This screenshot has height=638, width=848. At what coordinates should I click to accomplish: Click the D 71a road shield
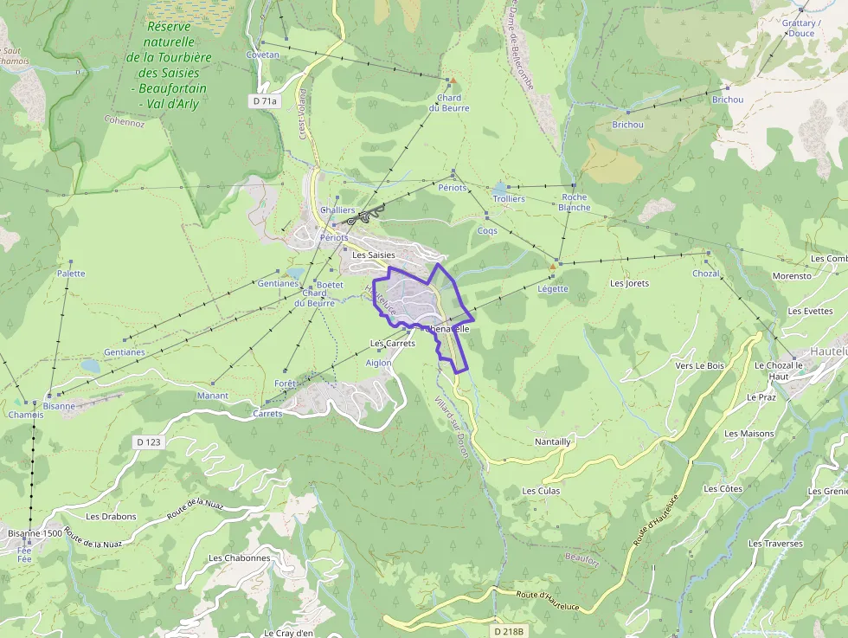[x=266, y=101]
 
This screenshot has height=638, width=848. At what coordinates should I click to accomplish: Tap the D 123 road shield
[x=149, y=441]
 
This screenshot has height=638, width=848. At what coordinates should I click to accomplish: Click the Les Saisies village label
[x=373, y=255]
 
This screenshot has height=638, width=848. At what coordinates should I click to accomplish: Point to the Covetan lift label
[x=263, y=55]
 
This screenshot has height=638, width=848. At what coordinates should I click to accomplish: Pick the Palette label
[x=71, y=274]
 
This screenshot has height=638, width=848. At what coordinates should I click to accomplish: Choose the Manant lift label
[x=212, y=396]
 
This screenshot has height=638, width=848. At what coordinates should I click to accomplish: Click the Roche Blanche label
[x=575, y=202]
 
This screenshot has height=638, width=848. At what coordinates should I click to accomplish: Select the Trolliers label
[x=509, y=199]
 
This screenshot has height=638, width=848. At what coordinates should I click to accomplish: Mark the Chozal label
[x=706, y=274]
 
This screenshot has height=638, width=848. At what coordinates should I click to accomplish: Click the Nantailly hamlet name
[x=553, y=441]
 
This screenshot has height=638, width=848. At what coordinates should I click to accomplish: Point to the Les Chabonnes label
[x=240, y=557]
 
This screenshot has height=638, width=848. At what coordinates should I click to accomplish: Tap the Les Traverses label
[x=775, y=544]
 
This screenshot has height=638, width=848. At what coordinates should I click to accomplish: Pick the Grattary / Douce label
[x=801, y=29]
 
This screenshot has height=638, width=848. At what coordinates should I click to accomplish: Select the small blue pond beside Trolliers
[x=500, y=186]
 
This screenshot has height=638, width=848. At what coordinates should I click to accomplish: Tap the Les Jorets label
[x=629, y=283]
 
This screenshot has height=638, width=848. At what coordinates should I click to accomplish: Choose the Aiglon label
[x=379, y=363]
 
